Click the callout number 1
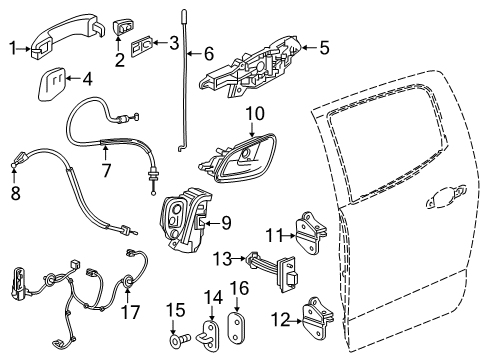[13, 46]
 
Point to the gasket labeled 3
[143, 45]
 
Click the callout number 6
[208, 52]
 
